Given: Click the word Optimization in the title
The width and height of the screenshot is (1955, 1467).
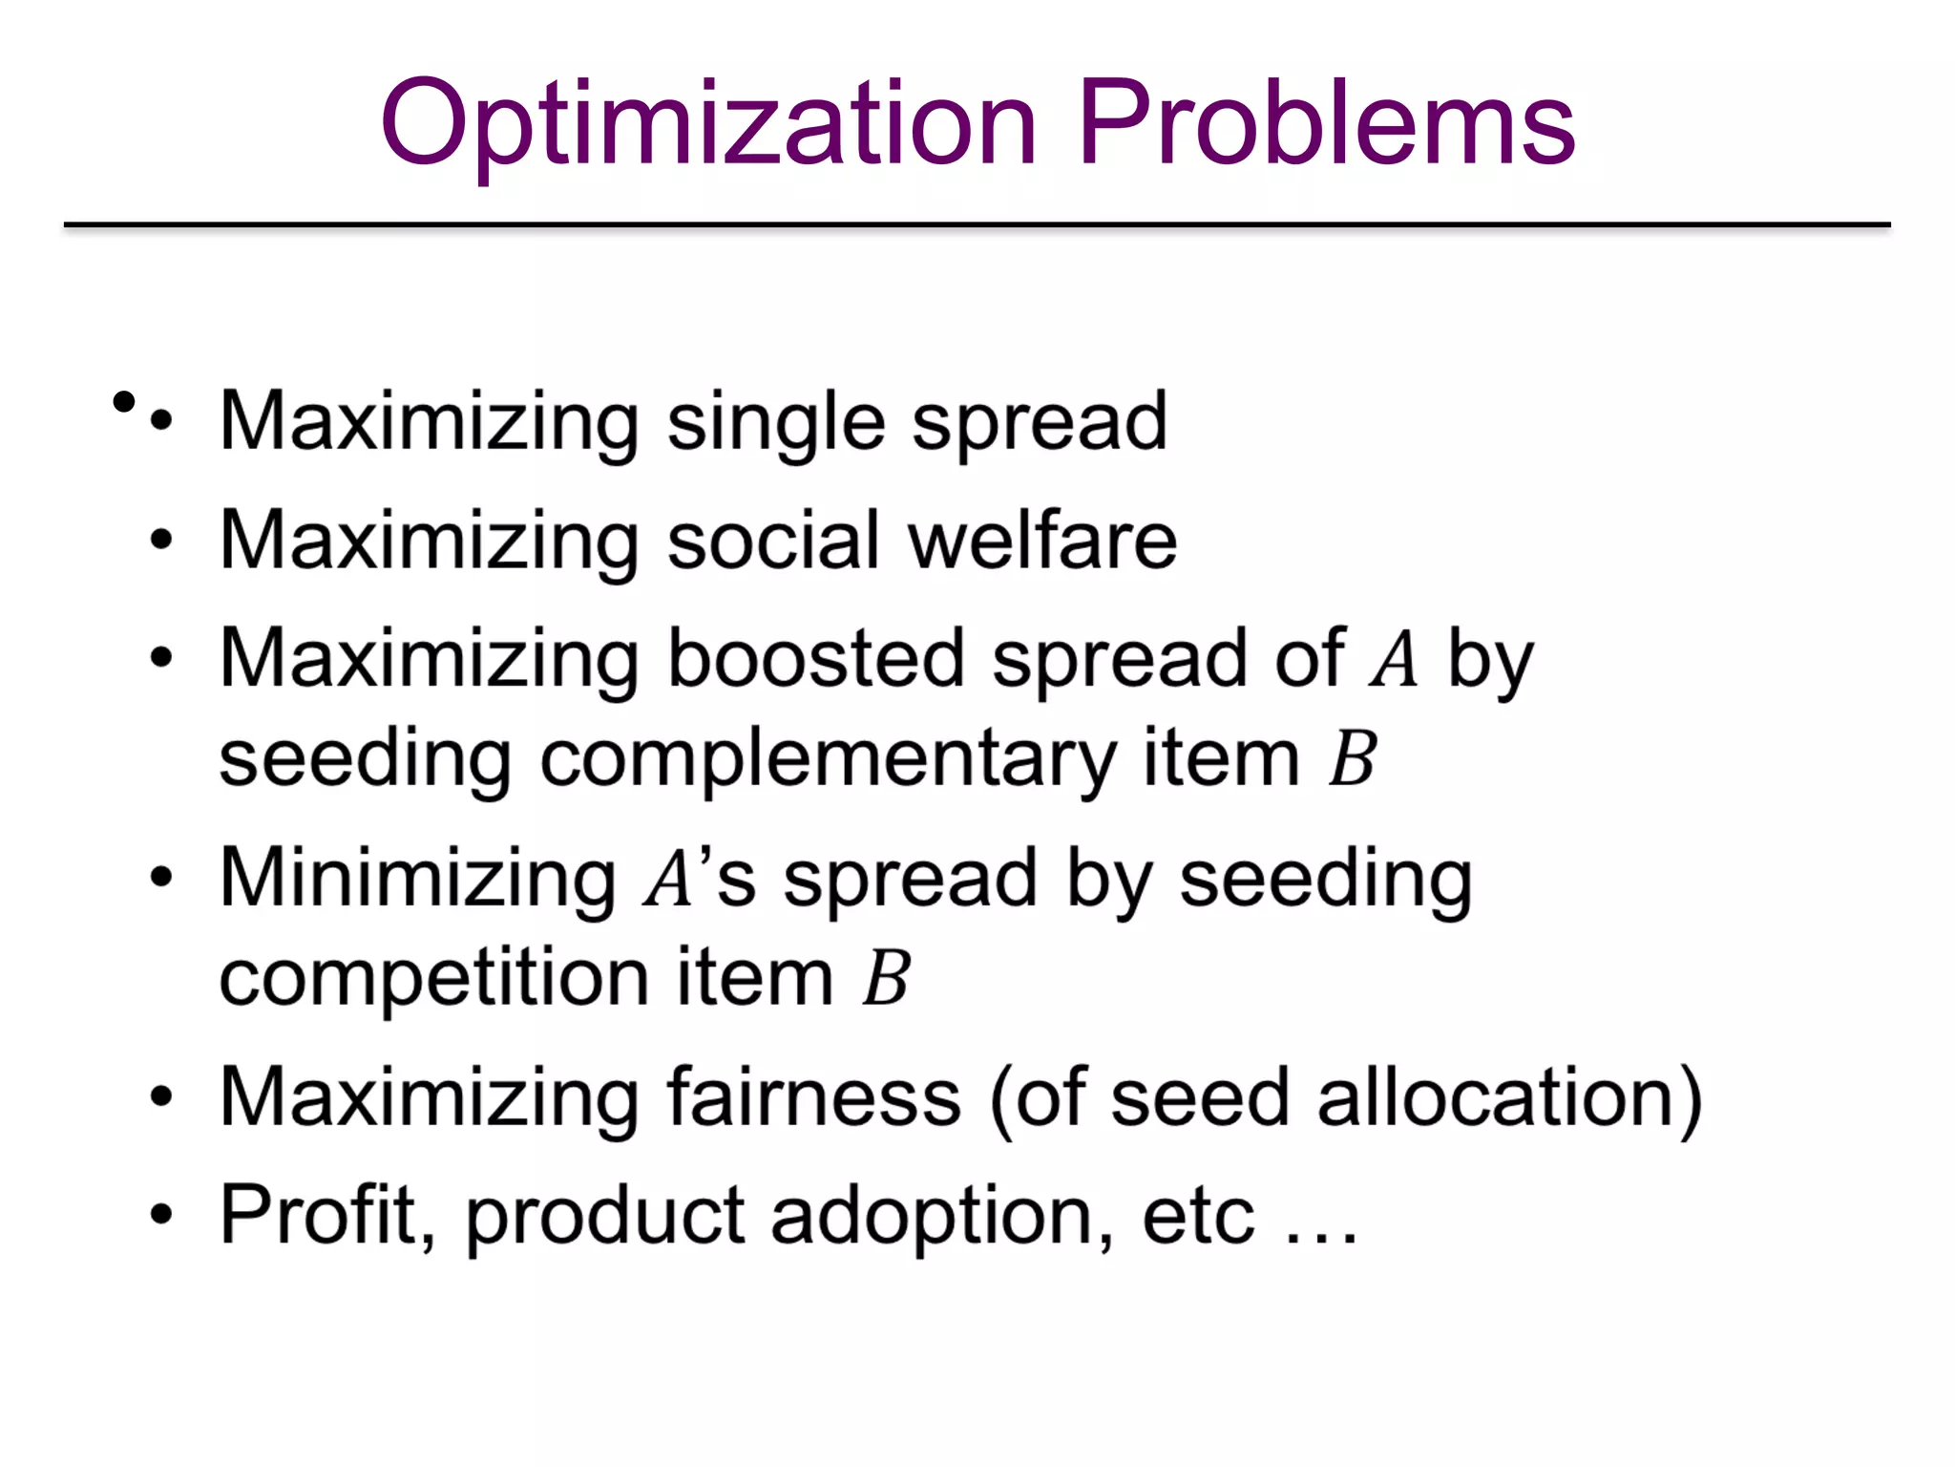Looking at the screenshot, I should point(708,124).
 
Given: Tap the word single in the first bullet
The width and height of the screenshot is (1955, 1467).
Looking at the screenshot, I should point(776,422).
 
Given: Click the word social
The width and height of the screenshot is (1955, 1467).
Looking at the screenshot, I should point(773,541).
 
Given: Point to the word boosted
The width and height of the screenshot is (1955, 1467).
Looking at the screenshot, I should point(815,659).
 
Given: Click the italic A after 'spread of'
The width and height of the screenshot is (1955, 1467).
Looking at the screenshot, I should point(1394,659).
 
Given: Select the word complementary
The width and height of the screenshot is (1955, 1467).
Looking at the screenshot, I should point(828,760).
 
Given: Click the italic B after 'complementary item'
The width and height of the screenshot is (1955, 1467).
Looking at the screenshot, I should point(1352,759).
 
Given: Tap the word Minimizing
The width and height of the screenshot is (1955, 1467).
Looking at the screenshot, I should point(418,878).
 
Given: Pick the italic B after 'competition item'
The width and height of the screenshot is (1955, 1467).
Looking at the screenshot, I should point(886,978).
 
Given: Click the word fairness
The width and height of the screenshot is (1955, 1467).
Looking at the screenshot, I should point(813,1097).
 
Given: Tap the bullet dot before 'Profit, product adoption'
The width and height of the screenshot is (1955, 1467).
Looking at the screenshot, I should point(162,1215).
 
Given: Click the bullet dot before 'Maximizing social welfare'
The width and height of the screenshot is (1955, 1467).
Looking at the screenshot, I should point(162,540).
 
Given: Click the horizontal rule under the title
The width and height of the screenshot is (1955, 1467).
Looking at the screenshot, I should point(977,225).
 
